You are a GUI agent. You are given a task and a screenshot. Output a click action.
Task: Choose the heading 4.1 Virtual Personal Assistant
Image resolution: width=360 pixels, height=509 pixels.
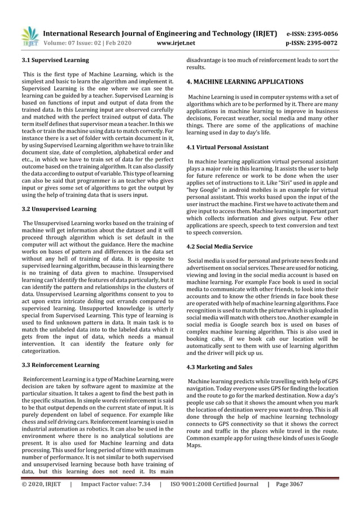pos(227,148)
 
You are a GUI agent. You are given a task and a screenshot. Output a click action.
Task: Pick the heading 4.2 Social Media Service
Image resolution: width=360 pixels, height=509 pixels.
pos(219,247)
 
